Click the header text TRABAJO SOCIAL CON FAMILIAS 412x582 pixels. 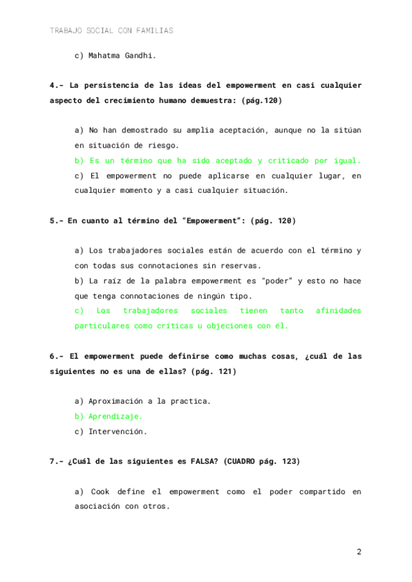(111, 31)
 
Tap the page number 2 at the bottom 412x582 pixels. (358, 552)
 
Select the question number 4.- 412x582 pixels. (57, 86)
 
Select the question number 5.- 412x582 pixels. (57, 221)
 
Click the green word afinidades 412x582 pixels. (338, 311)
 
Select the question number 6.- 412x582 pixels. (57, 357)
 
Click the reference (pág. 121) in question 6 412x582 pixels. (214, 371)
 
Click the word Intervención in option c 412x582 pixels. (118, 432)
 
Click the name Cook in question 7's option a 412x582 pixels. (100, 492)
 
